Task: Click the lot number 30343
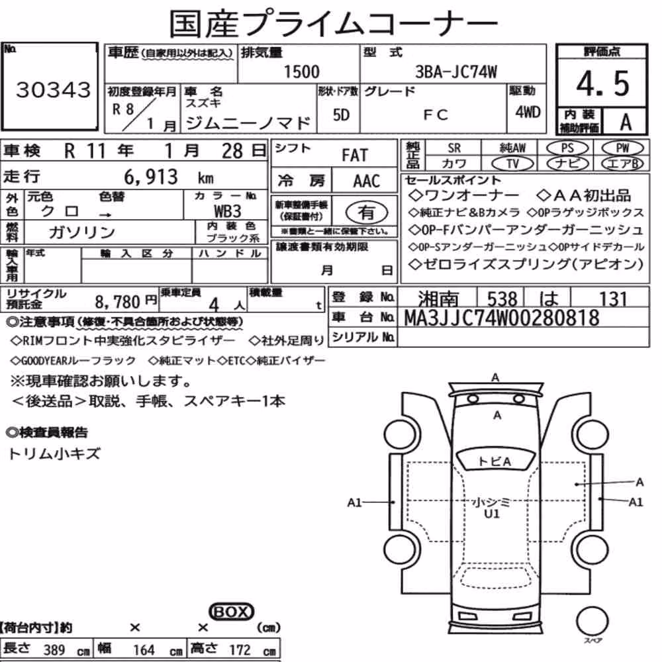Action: click(x=53, y=89)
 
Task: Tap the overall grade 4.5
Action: click(x=602, y=83)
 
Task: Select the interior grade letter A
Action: click(x=626, y=122)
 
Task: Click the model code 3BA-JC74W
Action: click(x=456, y=71)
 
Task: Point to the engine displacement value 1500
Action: click(x=301, y=71)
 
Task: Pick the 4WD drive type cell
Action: click(x=528, y=112)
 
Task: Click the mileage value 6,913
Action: click(x=151, y=177)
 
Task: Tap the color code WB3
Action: click(x=228, y=211)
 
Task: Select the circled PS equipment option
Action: click(x=567, y=148)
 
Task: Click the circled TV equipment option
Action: click(x=513, y=164)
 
